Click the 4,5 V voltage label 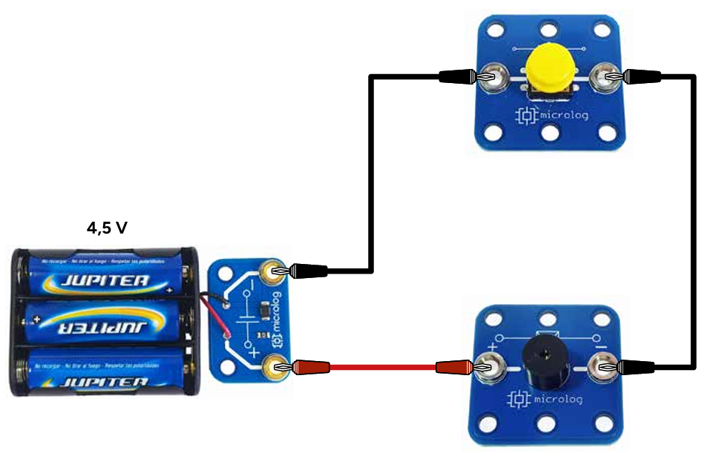pyautogui.click(x=107, y=228)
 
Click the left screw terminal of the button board pyautogui.click(x=489, y=76)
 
